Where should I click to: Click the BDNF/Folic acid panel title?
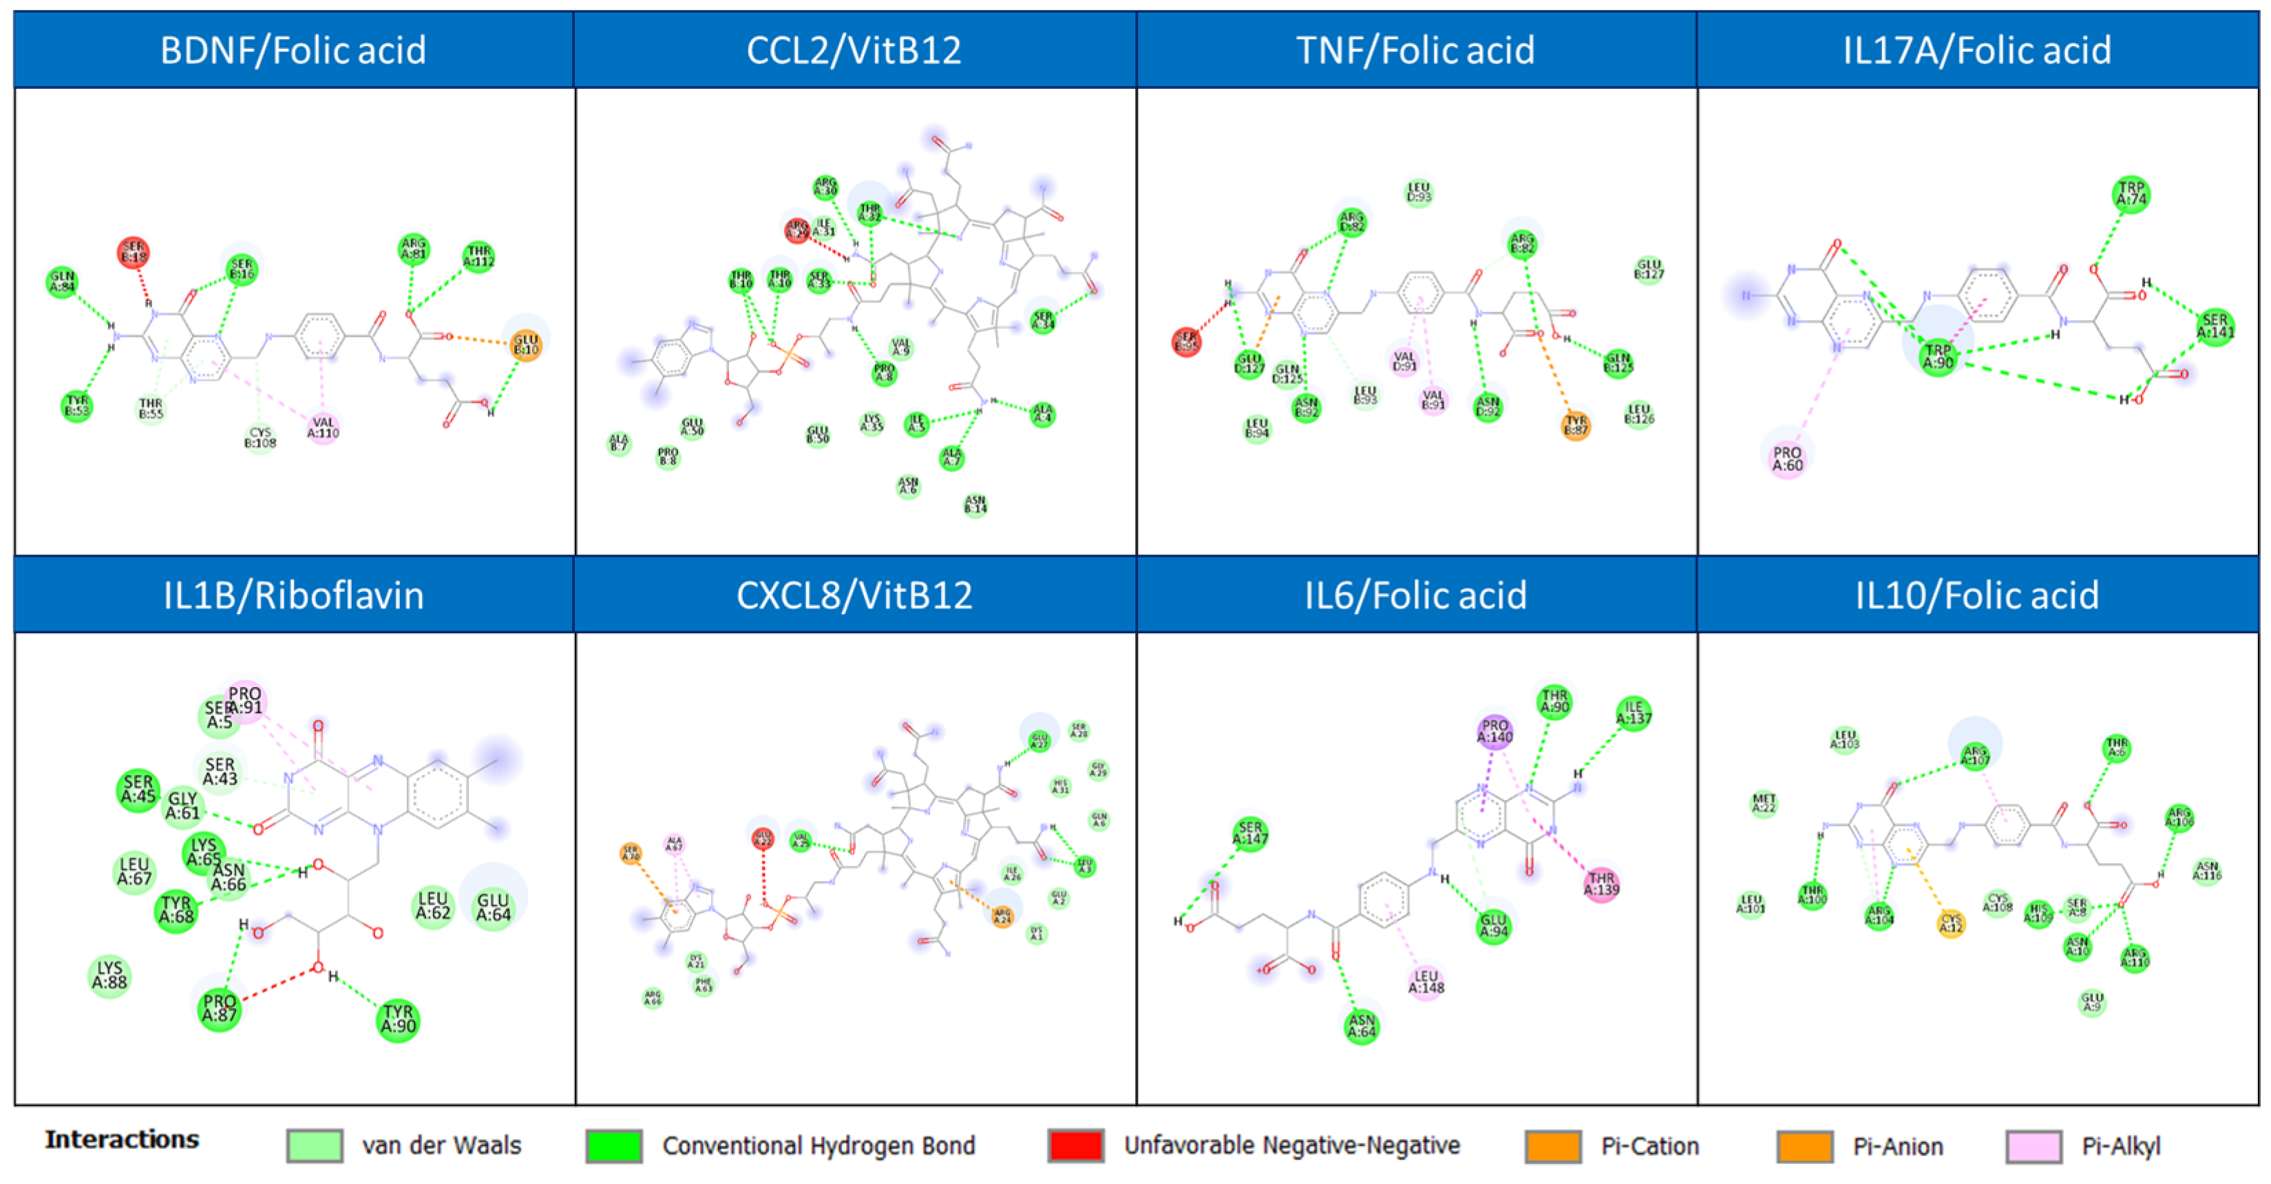coord(293,50)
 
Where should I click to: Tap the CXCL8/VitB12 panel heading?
coord(854,595)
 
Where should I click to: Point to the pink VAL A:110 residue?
coord(324,427)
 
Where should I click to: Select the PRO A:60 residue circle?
coord(1787,459)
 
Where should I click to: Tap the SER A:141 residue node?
coord(2215,326)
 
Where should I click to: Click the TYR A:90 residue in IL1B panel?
coord(398,1019)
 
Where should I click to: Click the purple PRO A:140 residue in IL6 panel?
coord(1495,732)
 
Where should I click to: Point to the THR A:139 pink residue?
coord(1601,883)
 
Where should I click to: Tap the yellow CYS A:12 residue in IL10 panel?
coord(1951,923)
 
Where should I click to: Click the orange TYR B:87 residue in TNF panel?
coord(1576,427)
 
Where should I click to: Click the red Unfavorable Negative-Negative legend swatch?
coord(1075,1146)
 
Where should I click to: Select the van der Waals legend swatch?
coord(315,1146)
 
